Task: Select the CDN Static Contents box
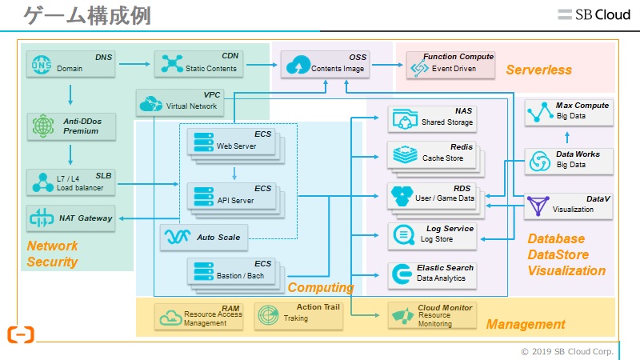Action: click(197, 64)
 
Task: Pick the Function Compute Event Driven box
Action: click(450, 64)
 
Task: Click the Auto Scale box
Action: click(203, 237)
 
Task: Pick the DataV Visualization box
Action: click(570, 206)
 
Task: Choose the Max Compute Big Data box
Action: click(570, 112)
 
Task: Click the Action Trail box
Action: click(299, 314)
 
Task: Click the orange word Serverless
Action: click(538, 70)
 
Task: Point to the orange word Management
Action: click(526, 324)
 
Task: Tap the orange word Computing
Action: click(320, 287)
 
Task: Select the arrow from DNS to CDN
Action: click(134, 63)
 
